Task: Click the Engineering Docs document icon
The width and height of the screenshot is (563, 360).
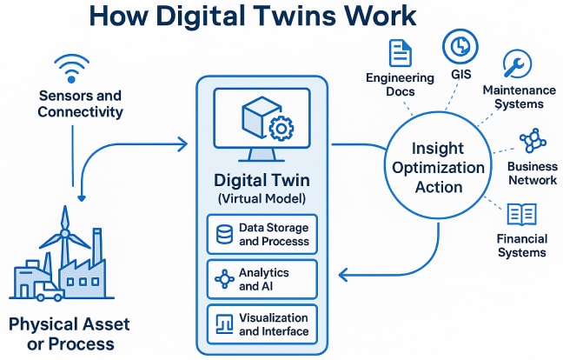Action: coord(399,53)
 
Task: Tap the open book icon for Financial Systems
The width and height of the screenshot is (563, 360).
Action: coord(521,211)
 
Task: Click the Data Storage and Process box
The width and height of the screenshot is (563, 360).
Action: coord(262,234)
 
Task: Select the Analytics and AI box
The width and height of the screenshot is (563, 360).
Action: coord(262,279)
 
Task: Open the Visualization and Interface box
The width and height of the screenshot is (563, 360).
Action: coord(262,323)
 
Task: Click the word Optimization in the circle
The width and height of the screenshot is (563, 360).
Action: coord(438,166)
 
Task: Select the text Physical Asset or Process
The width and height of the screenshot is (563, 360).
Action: coord(69,333)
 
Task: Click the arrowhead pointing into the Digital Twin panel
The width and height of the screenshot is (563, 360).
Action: coord(183,142)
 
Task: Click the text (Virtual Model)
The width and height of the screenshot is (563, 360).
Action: coord(262,199)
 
